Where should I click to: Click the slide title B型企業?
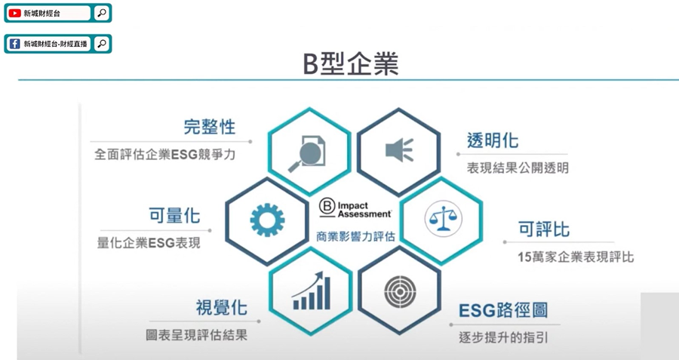(x=350, y=64)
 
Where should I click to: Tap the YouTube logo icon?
(x=15, y=14)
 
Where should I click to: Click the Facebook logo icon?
(x=15, y=44)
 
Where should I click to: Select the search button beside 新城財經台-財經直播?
(x=102, y=44)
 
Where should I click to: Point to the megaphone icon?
(x=399, y=150)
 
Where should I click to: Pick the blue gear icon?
(x=267, y=220)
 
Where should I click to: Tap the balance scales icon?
(x=443, y=218)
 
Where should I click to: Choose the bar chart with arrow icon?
(x=312, y=291)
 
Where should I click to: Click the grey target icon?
(x=400, y=291)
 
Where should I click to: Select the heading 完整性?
(x=210, y=127)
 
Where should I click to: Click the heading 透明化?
(x=493, y=140)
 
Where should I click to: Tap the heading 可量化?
(x=174, y=215)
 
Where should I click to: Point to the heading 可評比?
(x=544, y=229)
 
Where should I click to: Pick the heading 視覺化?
(x=221, y=308)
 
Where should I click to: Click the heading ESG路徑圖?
(x=503, y=310)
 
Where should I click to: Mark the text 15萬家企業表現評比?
(x=576, y=257)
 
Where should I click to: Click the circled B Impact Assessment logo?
(x=355, y=208)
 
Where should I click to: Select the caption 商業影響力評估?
(x=355, y=236)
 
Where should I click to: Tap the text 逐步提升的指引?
(x=503, y=337)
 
